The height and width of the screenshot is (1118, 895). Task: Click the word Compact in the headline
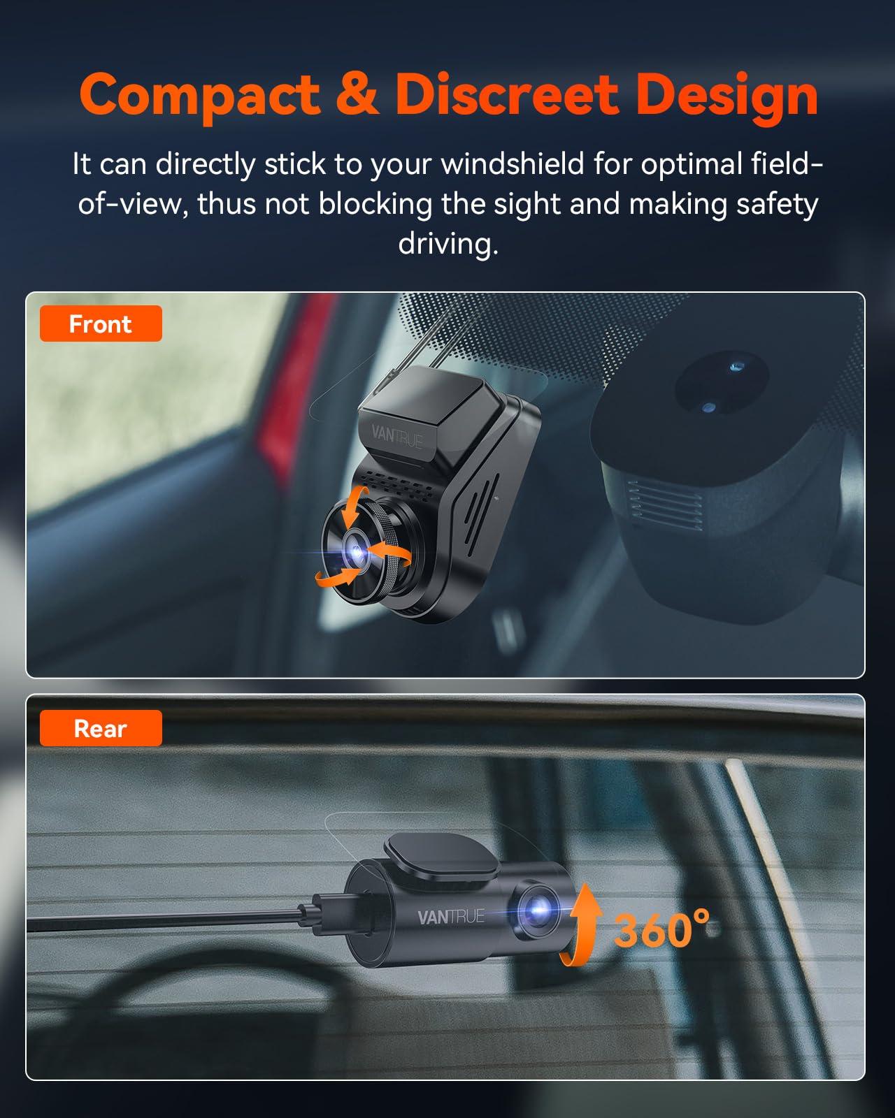point(199,94)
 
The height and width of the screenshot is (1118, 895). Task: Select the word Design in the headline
point(727,94)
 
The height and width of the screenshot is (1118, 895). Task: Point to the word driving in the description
point(448,244)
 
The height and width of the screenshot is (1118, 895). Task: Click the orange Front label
point(101,324)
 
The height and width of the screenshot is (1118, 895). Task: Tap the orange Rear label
point(101,729)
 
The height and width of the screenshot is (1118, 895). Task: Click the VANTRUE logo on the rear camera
point(451,917)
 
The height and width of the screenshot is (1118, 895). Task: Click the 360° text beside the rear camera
point(661,929)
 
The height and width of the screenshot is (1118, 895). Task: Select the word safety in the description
point(777,204)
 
